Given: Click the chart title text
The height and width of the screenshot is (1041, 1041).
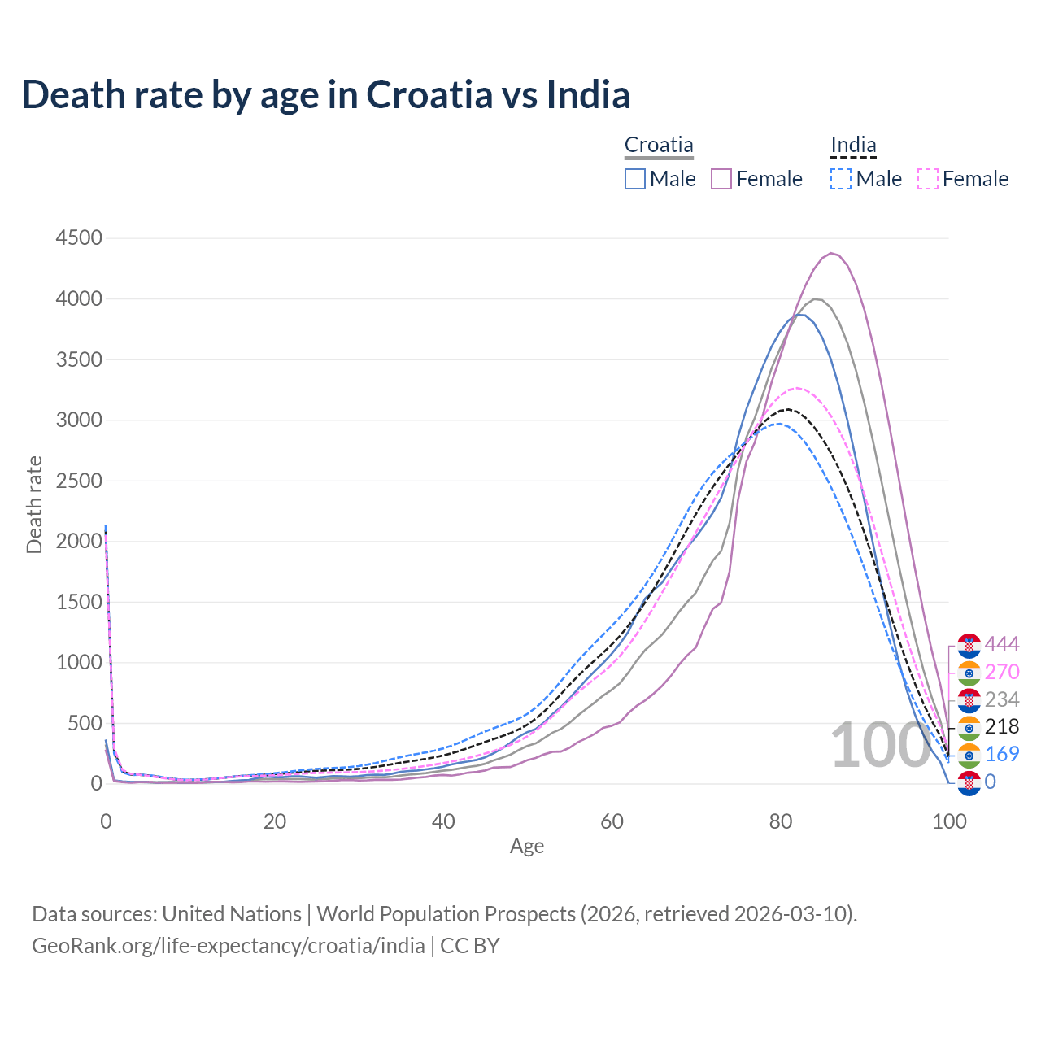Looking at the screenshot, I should click(x=325, y=94).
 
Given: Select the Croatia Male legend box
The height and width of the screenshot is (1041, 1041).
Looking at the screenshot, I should click(x=635, y=179).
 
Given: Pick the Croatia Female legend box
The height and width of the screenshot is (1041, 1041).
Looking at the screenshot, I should click(x=721, y=179).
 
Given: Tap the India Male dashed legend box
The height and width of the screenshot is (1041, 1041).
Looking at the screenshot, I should click(x=841, y=179).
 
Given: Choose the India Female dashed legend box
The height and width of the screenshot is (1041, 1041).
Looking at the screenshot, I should click(x=927, y=179).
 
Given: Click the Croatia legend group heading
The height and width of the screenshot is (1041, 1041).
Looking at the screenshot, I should click(x=659, y=145).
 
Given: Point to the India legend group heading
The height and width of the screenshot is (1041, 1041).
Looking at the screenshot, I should click(x=853, y=145).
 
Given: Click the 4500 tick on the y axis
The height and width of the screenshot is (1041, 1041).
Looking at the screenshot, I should click(x=79, y=238).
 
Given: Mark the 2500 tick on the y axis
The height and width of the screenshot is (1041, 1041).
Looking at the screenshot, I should click(x=79, y=481).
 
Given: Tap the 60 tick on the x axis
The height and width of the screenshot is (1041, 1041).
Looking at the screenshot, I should click(x=612, y=821).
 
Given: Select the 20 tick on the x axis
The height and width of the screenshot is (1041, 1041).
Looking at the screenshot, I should click(x=275, y=821).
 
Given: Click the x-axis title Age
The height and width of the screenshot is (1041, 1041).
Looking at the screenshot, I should click(x=527, y=847).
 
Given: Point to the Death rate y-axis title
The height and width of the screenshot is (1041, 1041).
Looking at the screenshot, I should click(x=34, y=505).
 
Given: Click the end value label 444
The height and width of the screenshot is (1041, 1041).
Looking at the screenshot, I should click(x=1002, y=645).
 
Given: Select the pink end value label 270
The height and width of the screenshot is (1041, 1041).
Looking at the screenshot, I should click(x=1002, y=672).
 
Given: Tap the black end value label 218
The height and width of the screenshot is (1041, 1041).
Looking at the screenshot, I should click(x=1002, y=726).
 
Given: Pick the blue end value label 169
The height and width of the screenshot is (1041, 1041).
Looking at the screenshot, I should click(x=1002, y=754).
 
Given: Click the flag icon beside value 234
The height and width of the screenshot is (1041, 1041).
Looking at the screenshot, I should click(x=969, y=699).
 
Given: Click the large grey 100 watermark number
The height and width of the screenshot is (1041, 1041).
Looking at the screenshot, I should click(x=880, y=745).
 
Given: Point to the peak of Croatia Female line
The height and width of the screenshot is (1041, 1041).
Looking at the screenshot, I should click(x=831, y=253).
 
